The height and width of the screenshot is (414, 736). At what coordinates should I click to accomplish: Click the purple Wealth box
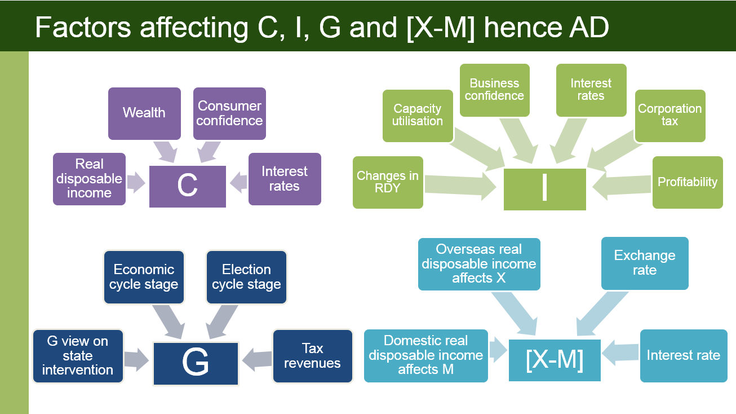(x=144, y=113)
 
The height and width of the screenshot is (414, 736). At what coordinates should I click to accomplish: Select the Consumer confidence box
(x=229, y=113)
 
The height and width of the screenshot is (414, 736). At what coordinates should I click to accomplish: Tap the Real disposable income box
(x=89, y=179)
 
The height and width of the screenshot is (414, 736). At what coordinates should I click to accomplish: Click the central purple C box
(x=187, y=186)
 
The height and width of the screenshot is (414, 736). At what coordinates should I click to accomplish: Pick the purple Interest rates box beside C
(x=285, y=179)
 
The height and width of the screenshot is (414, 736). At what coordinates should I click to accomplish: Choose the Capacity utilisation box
(x=418, y=116)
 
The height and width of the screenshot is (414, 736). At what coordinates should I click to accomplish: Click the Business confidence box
(x=494, y=90)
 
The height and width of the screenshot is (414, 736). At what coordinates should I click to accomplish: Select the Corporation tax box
(x=670, y=116)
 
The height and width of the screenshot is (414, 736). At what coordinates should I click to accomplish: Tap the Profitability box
(x=688, y=182)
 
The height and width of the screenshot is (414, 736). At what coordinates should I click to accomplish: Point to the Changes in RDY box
(x=388, y=182)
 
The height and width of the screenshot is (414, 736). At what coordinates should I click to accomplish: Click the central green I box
(x=544, y=189)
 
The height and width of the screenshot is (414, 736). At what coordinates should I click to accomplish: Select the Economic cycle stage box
(x=144, y=277)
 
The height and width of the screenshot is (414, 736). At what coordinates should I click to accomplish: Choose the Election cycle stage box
(x=246, y=277)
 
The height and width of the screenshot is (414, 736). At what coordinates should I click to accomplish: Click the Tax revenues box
(x=312, y=356)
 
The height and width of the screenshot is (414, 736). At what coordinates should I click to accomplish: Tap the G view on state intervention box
(x=78, y=356)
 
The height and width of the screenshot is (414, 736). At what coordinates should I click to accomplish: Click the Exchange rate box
(x=645, y=263)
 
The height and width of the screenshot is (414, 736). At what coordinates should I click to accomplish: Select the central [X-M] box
(x=555, y=360)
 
